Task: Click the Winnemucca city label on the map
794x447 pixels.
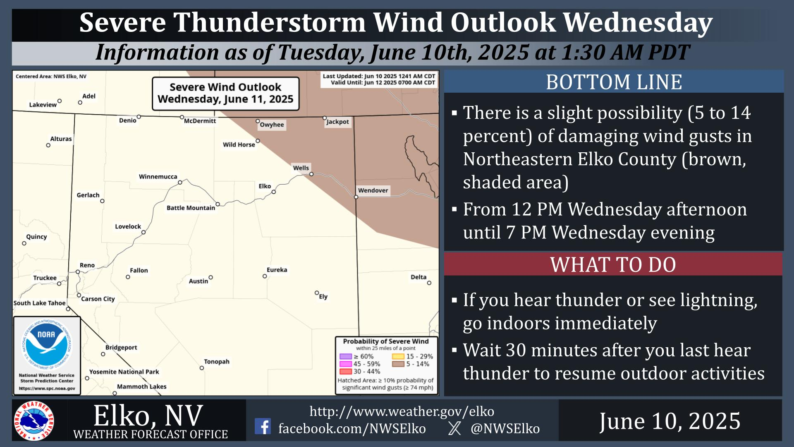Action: point(158,177)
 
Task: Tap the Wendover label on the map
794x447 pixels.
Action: point(373,190)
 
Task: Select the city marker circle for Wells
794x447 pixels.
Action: point(311,174)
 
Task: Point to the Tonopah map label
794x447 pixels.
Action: point(217,362)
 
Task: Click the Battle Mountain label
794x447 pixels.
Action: point(191,208)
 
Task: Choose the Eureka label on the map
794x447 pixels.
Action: point(277,270)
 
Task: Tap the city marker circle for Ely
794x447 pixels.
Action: point(317,293)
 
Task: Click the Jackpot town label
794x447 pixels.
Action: point(337,122)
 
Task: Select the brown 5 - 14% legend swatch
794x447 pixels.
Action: point(398,364)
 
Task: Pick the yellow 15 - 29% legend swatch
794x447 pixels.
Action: point(398,356)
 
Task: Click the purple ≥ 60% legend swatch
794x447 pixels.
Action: point(346,356)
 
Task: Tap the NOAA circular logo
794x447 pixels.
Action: point(47,344)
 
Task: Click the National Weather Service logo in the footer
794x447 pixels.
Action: point(34,421)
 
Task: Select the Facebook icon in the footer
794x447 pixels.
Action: point(263,426)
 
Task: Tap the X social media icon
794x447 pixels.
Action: point(454,428)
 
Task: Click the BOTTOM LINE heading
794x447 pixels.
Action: point(614,82)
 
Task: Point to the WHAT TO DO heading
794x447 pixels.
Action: point(613,265)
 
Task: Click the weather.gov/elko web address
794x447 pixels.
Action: point(402,411)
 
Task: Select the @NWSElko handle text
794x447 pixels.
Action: point(505,428)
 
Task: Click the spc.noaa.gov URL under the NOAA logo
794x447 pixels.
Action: point(47,389)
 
